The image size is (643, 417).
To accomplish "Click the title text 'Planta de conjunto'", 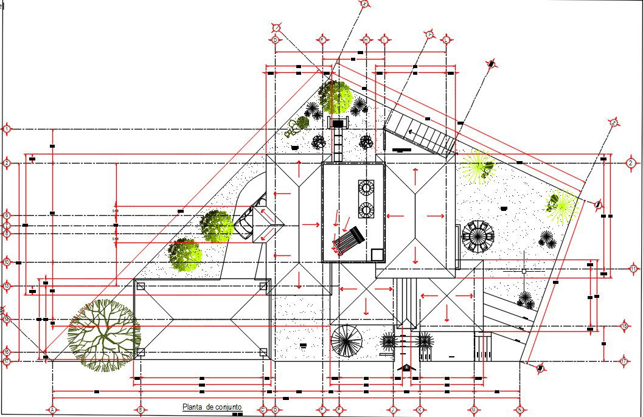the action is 212,407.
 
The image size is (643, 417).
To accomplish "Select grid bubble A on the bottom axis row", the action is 53,410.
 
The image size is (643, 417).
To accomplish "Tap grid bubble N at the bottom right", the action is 519,410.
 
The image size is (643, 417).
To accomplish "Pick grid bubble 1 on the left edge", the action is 7,129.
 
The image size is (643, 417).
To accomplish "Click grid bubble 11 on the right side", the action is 633,269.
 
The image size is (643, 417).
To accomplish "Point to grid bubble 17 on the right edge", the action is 625,362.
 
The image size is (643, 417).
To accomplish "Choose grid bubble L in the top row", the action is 447,40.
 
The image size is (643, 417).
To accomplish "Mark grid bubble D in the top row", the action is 275,40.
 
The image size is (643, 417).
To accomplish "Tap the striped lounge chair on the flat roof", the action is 347,241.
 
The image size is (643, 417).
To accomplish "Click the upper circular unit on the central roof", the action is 367,187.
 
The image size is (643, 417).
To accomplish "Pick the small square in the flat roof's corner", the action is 377,254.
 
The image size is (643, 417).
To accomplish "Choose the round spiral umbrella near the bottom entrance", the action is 346,341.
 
